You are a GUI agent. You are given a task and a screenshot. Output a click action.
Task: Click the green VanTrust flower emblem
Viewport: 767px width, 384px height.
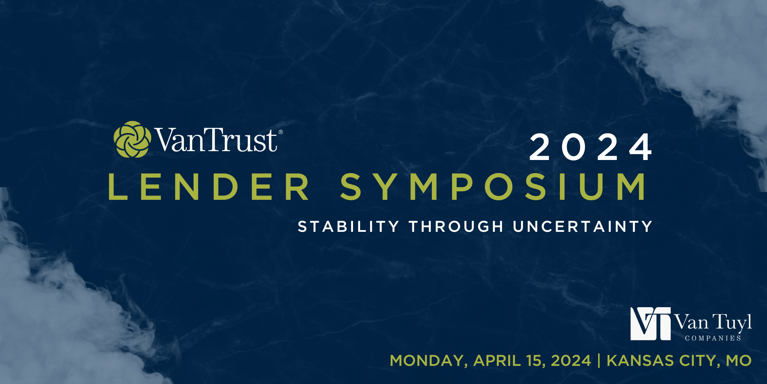click(x=132, y=139)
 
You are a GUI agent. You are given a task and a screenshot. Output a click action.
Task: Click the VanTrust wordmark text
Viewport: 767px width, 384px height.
click(x=216, y=140)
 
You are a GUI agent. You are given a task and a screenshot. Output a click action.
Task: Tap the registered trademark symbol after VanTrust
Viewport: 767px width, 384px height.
click(x=281, y=132)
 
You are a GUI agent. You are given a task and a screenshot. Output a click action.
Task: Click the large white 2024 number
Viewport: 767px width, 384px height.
click(x=591, y=147)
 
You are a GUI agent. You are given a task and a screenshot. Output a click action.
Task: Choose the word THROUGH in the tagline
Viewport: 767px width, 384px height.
click(x=456, y=226)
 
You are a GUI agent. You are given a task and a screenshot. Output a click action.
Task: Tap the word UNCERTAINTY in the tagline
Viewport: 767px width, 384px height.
click(x=583, y=226)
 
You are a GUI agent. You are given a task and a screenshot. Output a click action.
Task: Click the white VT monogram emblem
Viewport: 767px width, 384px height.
click(x=651, y=324)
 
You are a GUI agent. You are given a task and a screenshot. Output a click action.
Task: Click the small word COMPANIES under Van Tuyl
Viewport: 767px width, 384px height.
click(x=713, y=338)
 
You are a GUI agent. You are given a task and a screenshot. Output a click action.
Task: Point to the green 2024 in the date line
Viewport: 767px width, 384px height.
click(x=571, y=361)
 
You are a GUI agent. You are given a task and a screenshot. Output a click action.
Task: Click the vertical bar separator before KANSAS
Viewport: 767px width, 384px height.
click(x=599, y=361)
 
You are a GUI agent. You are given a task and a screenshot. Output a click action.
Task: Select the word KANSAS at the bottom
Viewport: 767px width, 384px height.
click(x=640, y=361)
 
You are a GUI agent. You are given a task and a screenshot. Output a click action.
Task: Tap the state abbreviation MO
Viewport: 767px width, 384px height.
click(x=739, y=361)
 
